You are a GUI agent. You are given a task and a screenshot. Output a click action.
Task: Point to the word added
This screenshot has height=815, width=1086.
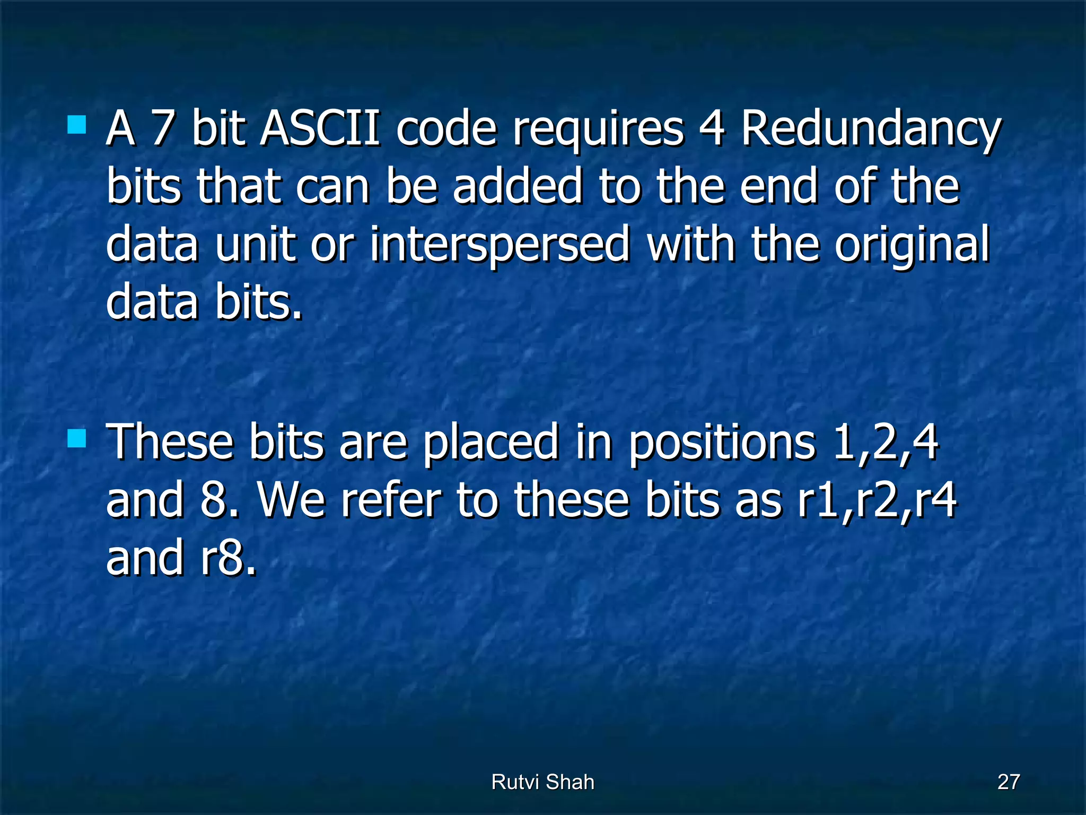[518, 187]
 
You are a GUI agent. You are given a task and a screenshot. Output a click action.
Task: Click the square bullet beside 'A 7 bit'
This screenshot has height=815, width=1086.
[77, 125]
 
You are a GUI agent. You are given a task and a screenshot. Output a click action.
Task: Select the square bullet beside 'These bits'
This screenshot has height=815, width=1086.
[77, 439]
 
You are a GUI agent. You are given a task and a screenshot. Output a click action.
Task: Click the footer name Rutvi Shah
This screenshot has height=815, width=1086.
[542, 782]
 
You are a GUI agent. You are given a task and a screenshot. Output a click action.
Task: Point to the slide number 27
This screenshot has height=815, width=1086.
[1009, 782]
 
